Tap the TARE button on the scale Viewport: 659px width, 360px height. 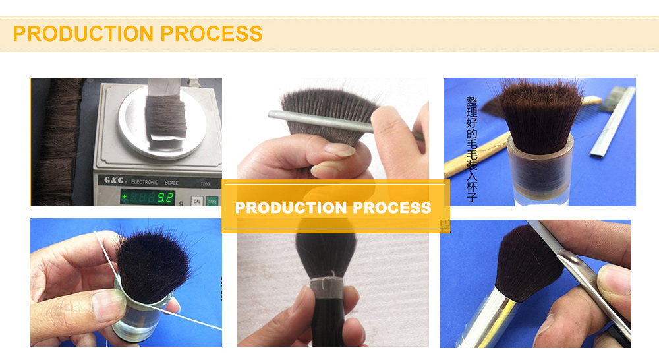coord(212,200)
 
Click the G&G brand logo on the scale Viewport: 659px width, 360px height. coord(114,180)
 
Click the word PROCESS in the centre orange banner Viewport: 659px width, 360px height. coord(392,208)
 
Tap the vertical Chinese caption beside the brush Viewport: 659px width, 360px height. coord(471,149)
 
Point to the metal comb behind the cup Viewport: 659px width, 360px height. coord(614,122)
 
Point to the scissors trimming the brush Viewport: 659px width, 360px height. coord(580,277)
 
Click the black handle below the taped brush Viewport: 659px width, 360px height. coord(326,326)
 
